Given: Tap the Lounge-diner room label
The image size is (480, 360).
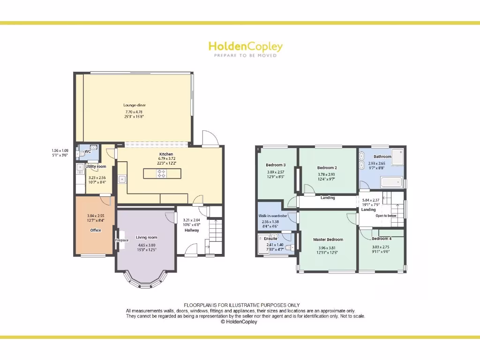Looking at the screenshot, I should (135, 105).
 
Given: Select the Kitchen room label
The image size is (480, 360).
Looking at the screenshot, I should (166, 154).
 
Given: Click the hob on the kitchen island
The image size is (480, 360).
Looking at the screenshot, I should (161, 173).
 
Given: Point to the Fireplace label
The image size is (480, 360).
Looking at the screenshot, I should (122, 240).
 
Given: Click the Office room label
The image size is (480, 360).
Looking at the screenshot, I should (96, 230).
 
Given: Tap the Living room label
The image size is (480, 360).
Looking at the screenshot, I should (146, 238).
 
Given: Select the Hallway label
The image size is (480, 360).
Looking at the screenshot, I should (191, 230).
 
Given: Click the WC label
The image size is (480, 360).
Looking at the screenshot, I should (88, 151).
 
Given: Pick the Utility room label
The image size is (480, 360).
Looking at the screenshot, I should (96, 166).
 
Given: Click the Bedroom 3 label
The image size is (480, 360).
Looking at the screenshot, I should (276, 165).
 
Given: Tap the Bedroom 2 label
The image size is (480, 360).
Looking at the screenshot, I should (327, 167).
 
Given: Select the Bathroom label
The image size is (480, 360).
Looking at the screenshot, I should (382, 157).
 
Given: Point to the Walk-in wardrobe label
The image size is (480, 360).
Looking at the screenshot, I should (276, 216).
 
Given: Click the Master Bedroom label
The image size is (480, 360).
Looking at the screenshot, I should (328, 240).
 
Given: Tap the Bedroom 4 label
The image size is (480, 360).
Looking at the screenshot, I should (382, 239).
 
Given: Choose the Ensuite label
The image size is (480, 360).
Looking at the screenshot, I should (270, 239).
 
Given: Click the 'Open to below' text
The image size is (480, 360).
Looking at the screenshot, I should (386, 216).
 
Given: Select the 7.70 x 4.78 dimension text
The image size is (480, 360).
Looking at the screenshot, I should (134, 112).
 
